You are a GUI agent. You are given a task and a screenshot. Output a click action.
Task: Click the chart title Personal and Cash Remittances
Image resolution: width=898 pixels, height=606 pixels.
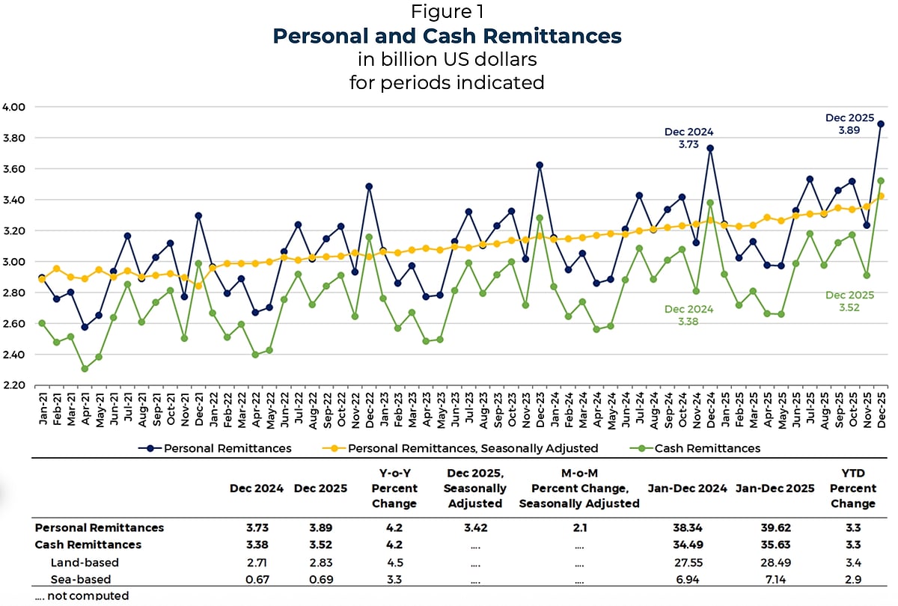pos(447,36)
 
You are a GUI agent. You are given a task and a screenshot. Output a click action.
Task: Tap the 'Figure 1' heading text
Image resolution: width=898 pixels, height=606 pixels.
pos(447,12)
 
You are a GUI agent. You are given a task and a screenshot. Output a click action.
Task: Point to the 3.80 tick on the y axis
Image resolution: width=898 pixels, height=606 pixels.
pos(14,138)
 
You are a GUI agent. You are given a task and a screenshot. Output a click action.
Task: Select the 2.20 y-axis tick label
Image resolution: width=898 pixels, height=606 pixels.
pos(14,385)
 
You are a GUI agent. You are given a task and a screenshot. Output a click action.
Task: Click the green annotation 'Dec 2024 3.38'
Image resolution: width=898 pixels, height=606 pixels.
pos(688,315)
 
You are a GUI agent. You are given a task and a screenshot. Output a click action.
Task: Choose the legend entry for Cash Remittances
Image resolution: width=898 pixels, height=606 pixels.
pos(706,449)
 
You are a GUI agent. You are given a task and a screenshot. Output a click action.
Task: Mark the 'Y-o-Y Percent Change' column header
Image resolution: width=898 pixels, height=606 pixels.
pos(394,489)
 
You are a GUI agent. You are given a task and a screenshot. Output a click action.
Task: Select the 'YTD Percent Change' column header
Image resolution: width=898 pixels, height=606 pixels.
pos(853,489)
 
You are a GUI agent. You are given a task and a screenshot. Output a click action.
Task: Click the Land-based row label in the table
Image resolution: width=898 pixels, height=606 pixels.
pos(85,563)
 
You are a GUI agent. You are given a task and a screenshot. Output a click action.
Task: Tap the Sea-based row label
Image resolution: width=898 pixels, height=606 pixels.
pos(81,580)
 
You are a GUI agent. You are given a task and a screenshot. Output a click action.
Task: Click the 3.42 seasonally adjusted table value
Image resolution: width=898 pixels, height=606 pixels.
pos(476,528)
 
